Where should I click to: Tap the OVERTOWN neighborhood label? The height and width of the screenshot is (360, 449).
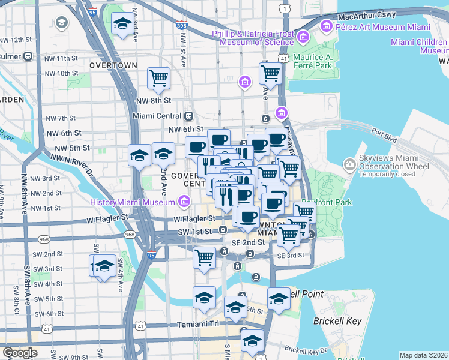(x=113, y=65)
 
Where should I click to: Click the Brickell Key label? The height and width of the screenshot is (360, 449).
(x=337, y=321)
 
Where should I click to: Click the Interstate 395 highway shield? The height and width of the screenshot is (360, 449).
(x=182, y=25)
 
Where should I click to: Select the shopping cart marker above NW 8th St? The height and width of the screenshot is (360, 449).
(x=158, y=77)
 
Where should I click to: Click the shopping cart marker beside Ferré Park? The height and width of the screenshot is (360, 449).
(x=270, y=73)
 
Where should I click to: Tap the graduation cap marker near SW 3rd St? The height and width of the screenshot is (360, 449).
(x=104, y=265)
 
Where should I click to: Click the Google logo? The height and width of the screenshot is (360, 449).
(x=19, y=353)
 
